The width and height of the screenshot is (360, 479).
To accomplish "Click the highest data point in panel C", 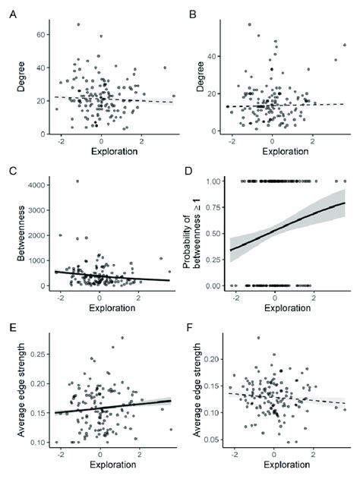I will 77,181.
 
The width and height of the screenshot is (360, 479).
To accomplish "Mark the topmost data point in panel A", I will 77,24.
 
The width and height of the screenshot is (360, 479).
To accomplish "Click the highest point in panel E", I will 122,338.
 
